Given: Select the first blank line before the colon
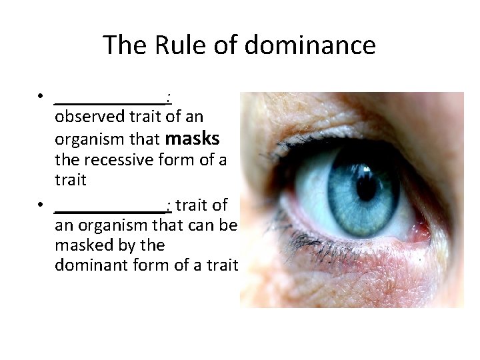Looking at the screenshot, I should pyautogui.click(x=110, y=100).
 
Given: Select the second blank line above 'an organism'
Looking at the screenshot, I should pyautogui.click(x=110, y=207).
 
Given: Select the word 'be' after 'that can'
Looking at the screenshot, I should pyautogui.click(x=228, y=225).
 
